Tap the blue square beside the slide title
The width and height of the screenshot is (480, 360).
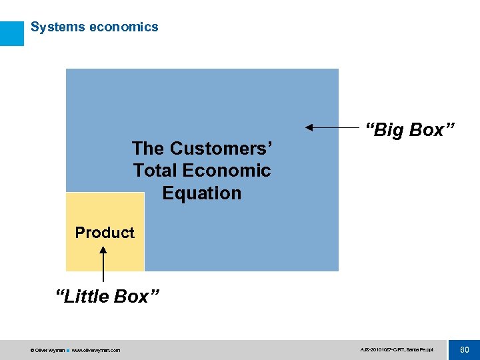(x=11, y=33)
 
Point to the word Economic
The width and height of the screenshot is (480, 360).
(x=227, y=171)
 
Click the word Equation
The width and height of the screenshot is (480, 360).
(x=201, y=193)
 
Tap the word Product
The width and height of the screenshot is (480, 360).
(x=105, y=233)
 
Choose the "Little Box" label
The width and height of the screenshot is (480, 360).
(x=107, y=296)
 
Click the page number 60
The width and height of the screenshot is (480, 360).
(x=465, y=350)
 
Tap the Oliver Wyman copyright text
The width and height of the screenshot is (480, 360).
(x=47, y=350)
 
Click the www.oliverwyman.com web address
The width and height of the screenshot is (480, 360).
(x=96, y=350)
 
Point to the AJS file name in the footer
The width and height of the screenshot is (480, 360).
(x=396, y=350)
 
